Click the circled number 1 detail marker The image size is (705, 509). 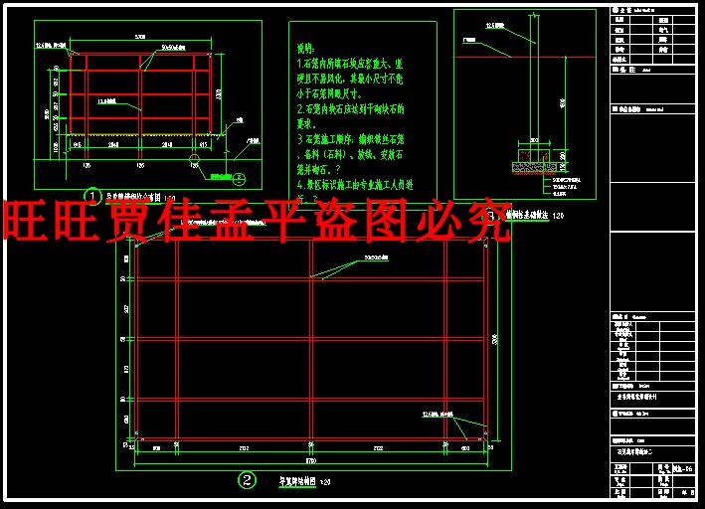coord(92,196)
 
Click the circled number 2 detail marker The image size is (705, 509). coord(247,480)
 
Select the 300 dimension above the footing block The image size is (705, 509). coord(533,140)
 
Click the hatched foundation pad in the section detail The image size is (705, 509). coord(534,157)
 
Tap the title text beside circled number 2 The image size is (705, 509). coord(296,481)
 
